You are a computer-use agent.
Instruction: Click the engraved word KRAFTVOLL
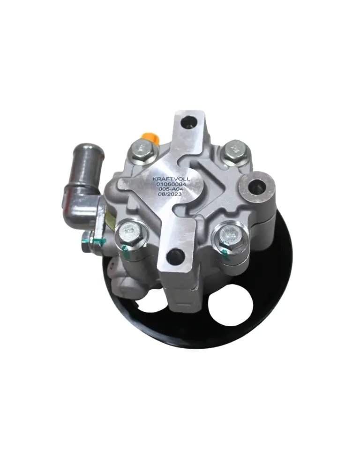click(x=172, y=179)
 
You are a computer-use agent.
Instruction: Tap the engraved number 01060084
click(x=172, y=184)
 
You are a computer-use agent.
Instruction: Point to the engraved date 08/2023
click(x=170, y=194)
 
